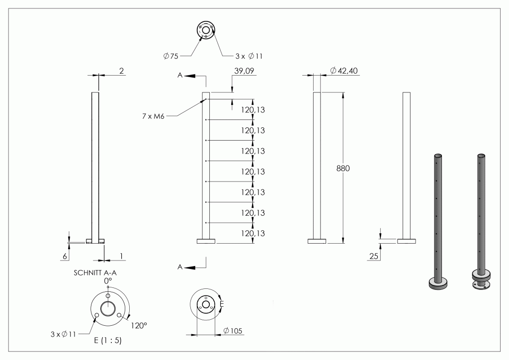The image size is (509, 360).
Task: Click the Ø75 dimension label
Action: pos(171,56)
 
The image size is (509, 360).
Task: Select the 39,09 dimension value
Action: pos(244,71)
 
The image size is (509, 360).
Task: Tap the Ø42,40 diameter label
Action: pos(344,71)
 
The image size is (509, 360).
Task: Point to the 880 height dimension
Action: pos(343,168)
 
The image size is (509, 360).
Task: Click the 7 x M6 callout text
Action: pos(153,116)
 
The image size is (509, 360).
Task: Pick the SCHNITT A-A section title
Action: pos(95,272)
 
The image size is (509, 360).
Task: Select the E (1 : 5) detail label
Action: pos(108,340)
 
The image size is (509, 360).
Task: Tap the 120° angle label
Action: pos(139,325)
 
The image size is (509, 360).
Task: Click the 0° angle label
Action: pos(108,280)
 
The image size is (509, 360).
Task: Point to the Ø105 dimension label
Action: pos(233,331)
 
